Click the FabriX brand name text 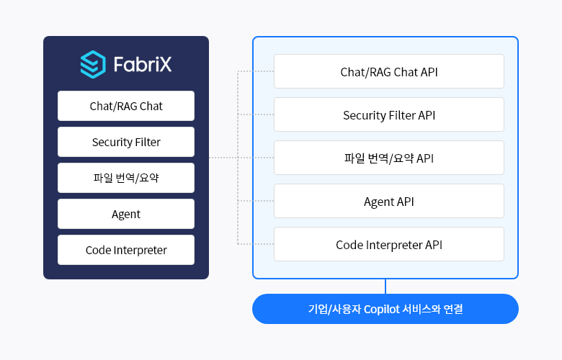pyautogui.click(x=143, y=65)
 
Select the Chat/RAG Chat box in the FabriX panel pyautogui.click(x=126, y=106)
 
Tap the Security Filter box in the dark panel pyautogui.click(x=126, y=142)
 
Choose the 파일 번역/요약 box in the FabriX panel pyautogui.click(x=126, y=178)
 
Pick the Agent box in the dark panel pyautogui.click(x=126, y=214)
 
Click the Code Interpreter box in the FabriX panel pyautogui.click(x=126, y=250)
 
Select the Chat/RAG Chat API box pyautogui.click(x=389, y=71)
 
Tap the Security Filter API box pyautogui.click(x=389, y=114)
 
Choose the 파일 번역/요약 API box pyautogui.click(x=389, y=158)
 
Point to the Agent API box pyautogui.click(x=389, y=201)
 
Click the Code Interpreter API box pyautogui.click(x=389, y=244)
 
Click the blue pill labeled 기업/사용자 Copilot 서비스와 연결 pyautogui.click(x=385, y=309)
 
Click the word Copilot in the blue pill pyautogui.click(x=386, y=309)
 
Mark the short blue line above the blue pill pyautogui.click(x=385, y=287)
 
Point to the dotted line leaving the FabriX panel pyautogui.click(x=223, y=158)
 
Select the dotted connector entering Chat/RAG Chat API pyautogui.click(x=256, y=71)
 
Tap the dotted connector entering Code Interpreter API pyautogui.click(x=256, y=244)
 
